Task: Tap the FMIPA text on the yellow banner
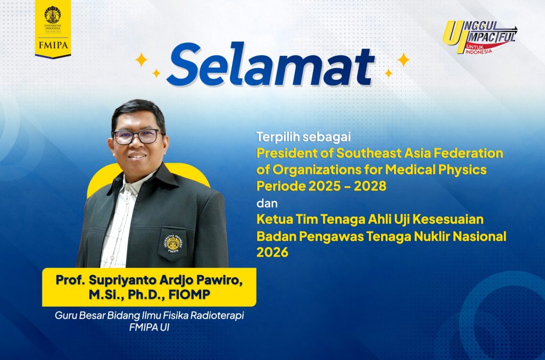pyautogui.click(x=53, y=45)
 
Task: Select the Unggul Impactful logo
pyautogui.click(x=480, y=37)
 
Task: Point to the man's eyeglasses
pyautogui.click(x=137, y=137)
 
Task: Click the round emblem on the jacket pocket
pyautogui.click(x=174, y=243)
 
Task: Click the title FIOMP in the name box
pyautogui.click(x=189, y=295)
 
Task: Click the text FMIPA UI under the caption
pyautogui.click(x=149, y=328)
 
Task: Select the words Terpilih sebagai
pyautogui.click(x=303, y=137)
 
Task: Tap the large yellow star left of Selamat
pyautogui.click(x=141, y=60)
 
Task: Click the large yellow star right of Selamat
pyautogui.click(x=403, y=60)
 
